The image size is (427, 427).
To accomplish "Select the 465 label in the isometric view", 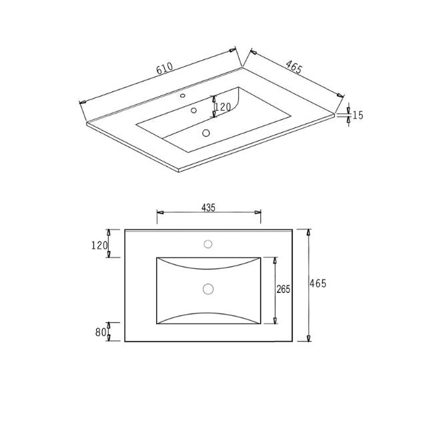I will click(294, 66).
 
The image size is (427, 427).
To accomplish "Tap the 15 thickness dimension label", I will click(358, 115).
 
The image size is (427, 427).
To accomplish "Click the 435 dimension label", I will click(207, 208).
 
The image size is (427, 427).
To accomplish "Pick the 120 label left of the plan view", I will click(99, 246).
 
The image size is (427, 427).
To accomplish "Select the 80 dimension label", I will click(101, 332).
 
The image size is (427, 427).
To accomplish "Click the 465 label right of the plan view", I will click(318, 284).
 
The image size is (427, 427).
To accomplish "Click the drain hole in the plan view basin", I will click(207, 289).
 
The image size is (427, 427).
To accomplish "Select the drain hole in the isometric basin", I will click(206, 133).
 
